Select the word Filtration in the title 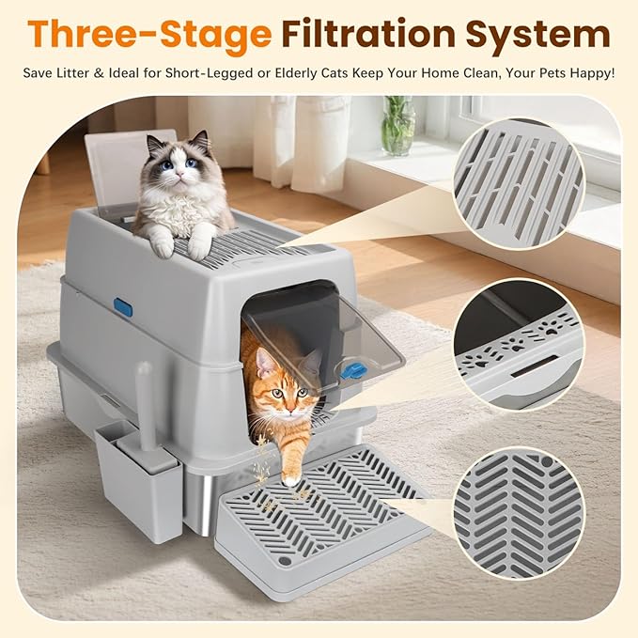366,36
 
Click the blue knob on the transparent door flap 353,370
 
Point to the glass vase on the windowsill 397,127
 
